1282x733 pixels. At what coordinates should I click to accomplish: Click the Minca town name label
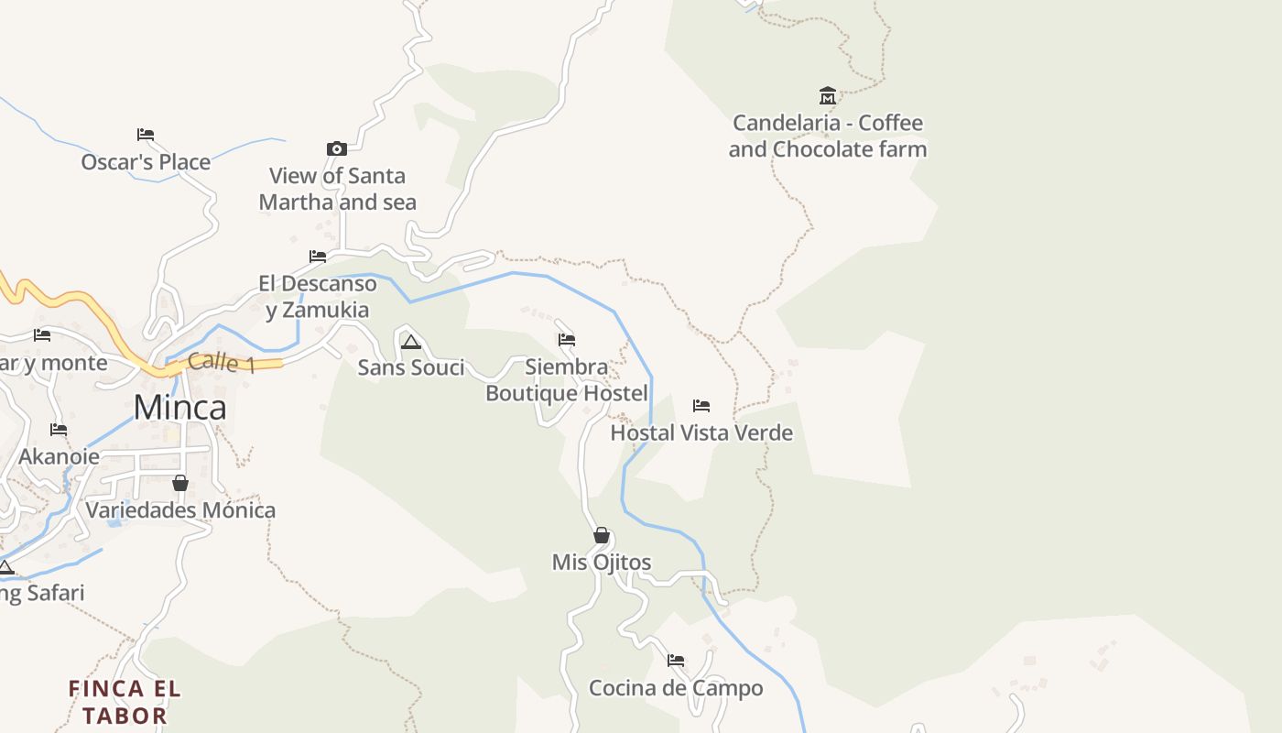[180, 407]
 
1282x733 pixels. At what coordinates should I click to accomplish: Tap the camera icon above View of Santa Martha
[337, 148]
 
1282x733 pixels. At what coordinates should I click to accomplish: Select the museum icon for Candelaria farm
[828, 96]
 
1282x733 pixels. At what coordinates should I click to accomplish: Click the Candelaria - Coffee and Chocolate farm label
[828, 136]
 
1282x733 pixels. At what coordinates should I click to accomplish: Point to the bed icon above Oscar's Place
[146, 135]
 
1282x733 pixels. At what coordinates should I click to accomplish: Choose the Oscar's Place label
[146, 162]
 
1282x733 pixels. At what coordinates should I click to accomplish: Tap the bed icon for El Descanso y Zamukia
[318, 257]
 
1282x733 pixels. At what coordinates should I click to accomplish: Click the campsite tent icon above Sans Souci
[411, 343]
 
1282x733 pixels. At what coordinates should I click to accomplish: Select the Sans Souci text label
[411, 367]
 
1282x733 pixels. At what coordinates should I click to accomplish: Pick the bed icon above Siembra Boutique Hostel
[567, 341]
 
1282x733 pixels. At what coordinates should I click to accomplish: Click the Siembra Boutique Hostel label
[567, 380]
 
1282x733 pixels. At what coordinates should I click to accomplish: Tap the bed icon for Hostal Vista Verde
[701, 406]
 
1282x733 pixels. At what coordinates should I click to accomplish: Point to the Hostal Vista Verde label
[701, 432]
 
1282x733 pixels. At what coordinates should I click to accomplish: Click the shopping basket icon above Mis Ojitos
[602, 535]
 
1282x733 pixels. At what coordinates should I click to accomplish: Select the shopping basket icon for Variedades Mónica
[180, 483]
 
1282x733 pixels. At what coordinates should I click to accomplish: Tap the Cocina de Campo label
[676, 688]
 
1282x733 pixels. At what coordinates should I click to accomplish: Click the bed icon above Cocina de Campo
[676, 661]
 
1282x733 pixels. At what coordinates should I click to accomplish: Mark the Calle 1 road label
[222, 362]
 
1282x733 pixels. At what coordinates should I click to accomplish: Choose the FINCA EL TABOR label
[125, 702]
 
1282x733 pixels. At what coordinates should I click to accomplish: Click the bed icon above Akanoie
[59, 430]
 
